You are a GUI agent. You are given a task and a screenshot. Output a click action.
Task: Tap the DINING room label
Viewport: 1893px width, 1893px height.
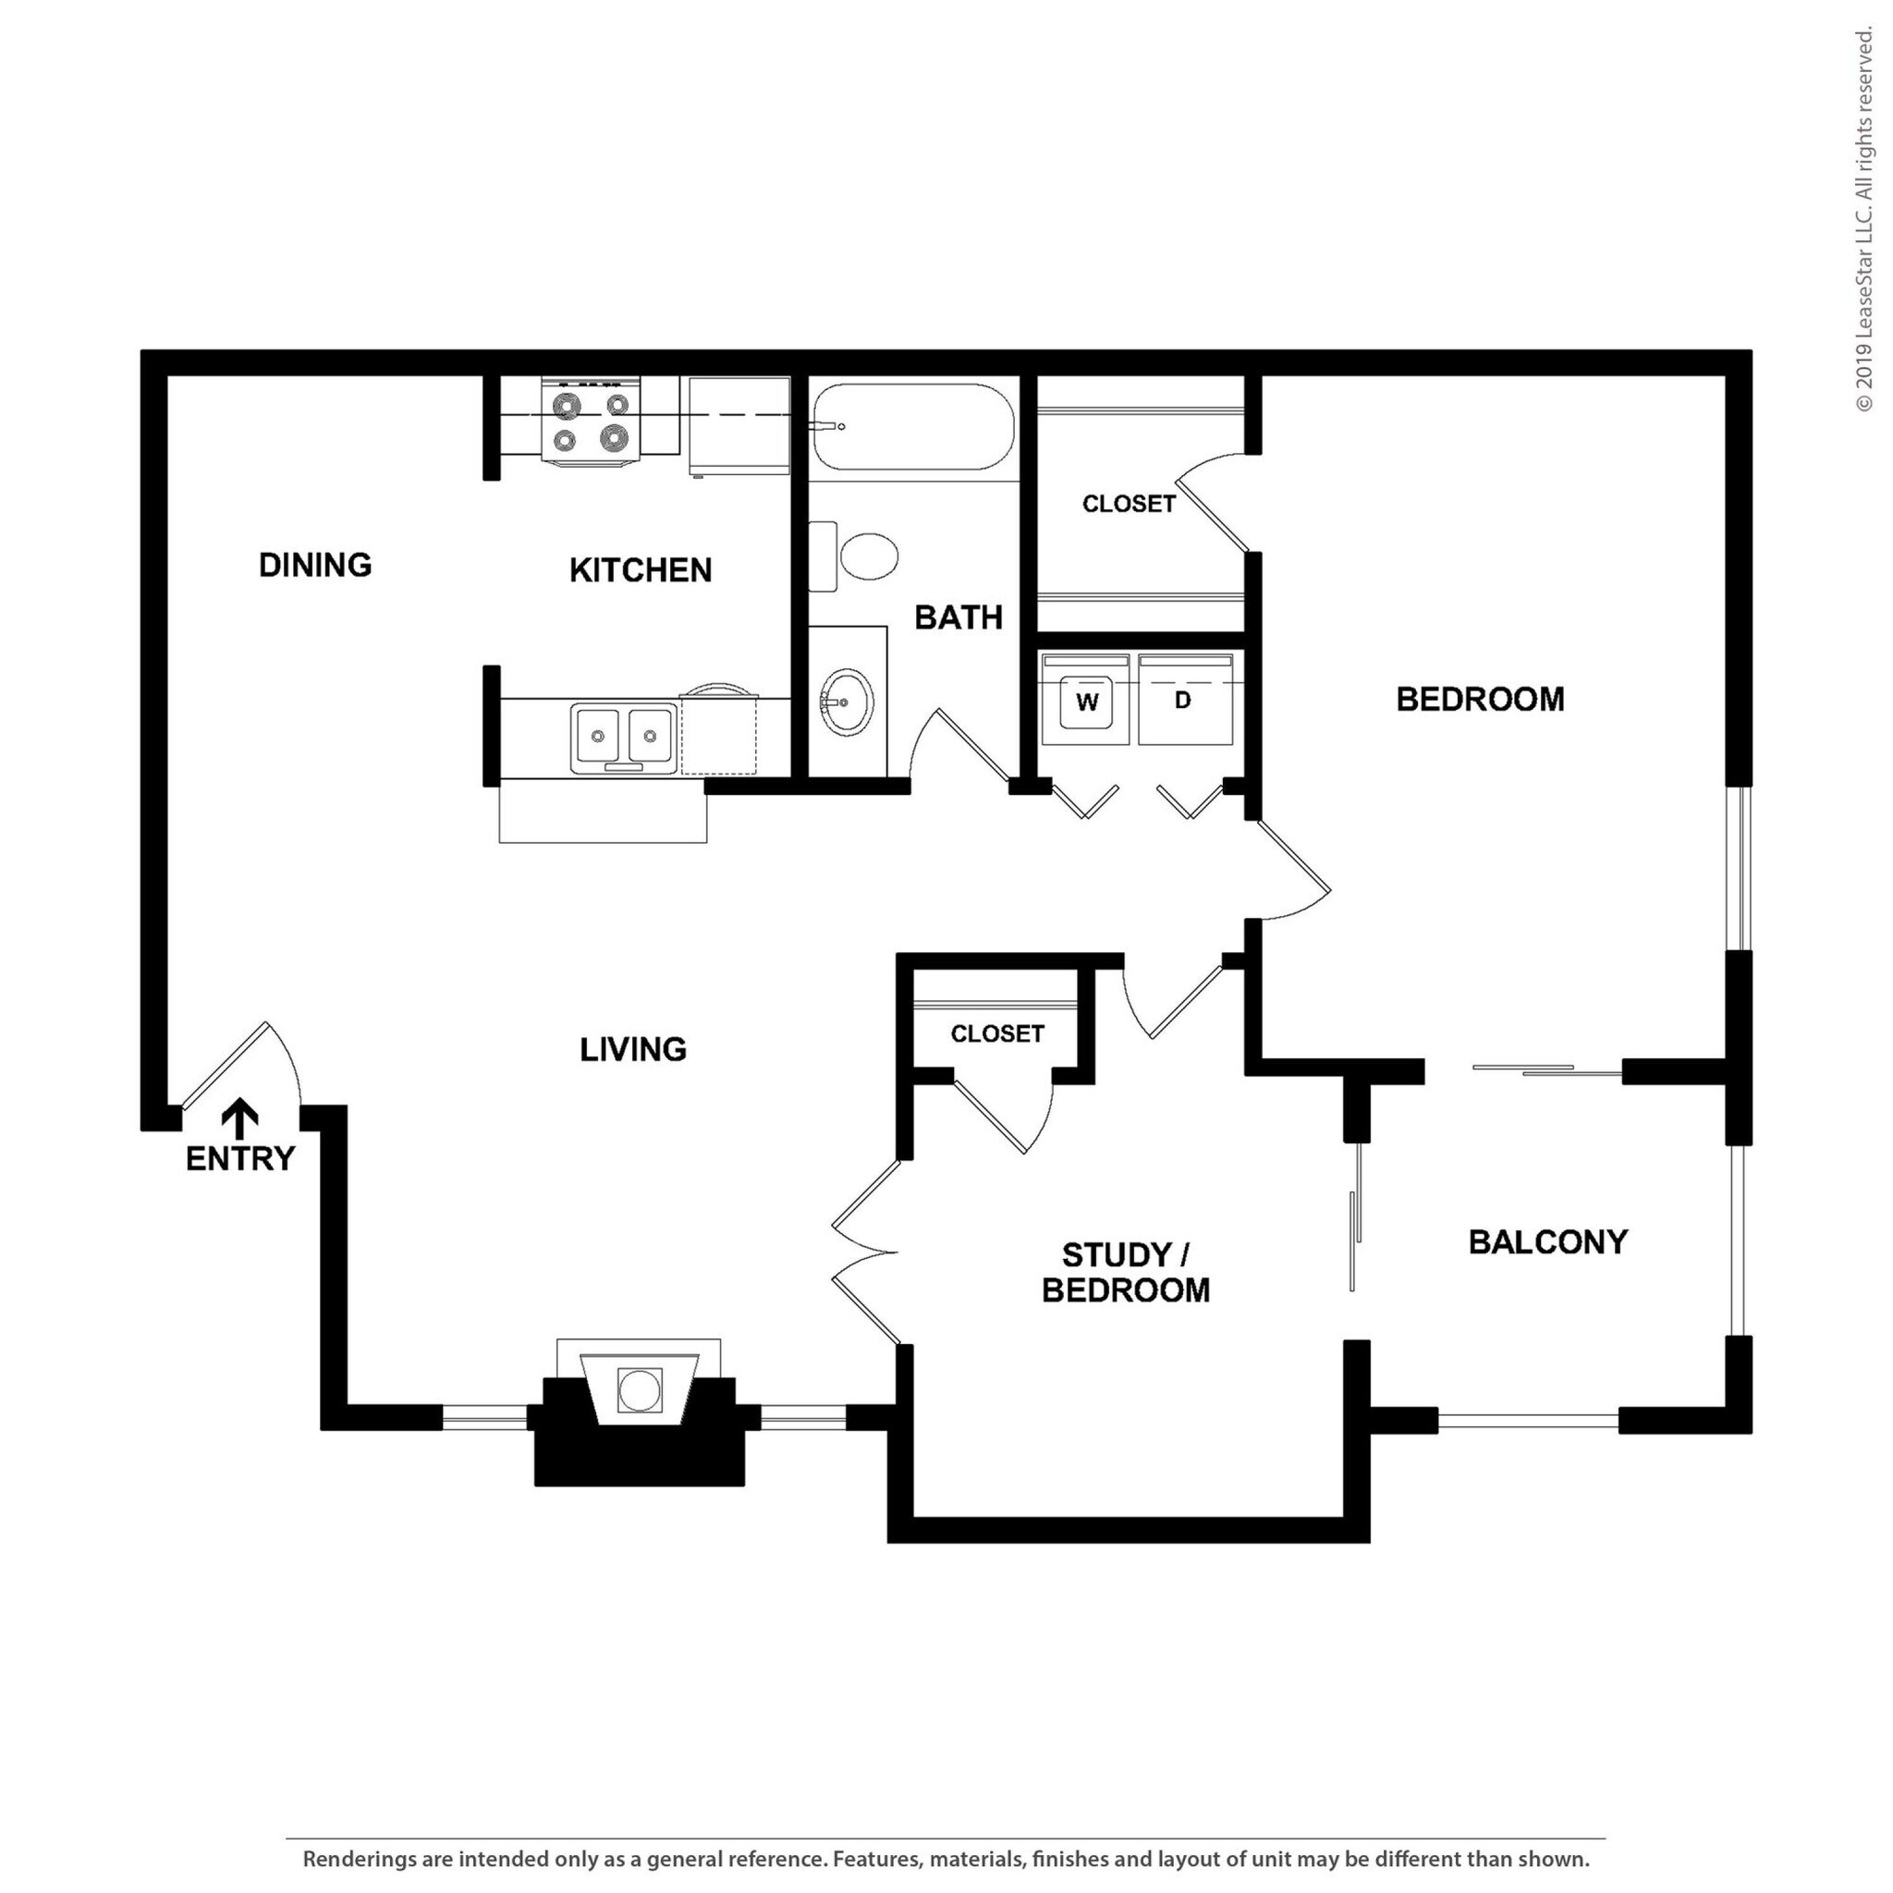click(x=314, y=565)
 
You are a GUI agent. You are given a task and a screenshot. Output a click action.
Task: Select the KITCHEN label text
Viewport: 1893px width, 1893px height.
click(x=640, y=569)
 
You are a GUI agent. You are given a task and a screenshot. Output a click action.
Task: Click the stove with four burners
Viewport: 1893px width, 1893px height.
click(x=590, y=421)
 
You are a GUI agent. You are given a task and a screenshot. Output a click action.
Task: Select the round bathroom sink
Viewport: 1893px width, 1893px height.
click(x=846, y=702)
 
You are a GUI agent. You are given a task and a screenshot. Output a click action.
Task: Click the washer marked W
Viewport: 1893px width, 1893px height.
click(x=1087, y=700)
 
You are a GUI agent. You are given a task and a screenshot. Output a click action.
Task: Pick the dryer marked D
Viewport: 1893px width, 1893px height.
click(x=1185, y=700)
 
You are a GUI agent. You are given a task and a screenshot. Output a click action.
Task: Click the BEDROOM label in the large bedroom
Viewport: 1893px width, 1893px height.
click(x=1480, y=699)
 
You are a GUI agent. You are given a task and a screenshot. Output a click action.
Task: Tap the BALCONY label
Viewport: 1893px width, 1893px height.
click(x=1547, y=1241)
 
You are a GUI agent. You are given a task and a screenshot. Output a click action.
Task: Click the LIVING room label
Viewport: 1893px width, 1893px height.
click(x=633, y=1049)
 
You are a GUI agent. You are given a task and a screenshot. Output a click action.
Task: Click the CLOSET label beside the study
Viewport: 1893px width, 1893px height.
click(x=996, y=1033)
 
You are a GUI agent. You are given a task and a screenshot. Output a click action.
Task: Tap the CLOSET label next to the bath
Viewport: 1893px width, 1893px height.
click(x=1128, y=504)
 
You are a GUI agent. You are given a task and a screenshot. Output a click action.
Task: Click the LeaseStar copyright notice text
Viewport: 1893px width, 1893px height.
click(x=1863, y=221)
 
